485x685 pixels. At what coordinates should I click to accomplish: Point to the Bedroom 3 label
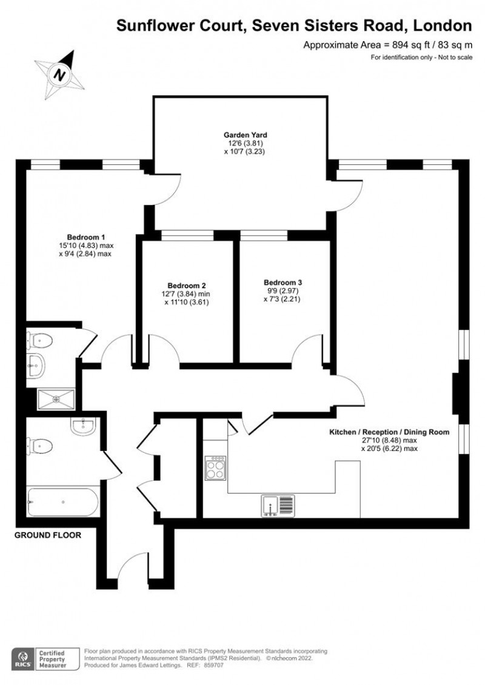click(x=283, y=282)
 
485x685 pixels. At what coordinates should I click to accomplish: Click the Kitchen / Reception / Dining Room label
click(x=389, y=433)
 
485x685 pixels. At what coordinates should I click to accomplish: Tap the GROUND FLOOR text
click(x=47, y=535)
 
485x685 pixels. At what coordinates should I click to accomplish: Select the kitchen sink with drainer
click(x=278, y=506)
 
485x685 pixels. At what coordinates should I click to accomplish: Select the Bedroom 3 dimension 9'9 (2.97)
click(x=283, y=290)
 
